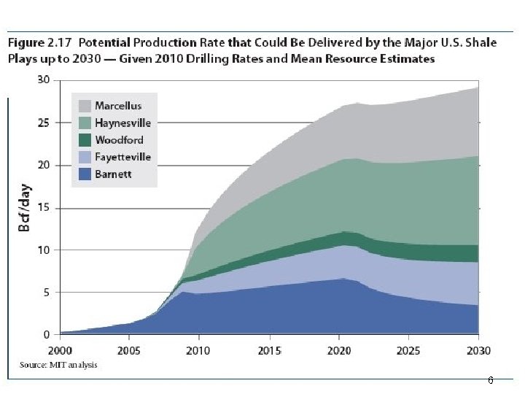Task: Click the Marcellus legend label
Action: (x=118, y=107)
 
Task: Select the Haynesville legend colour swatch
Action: (x=84, y=123)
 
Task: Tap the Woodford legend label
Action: (x=119, y=140)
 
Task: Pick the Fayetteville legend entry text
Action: (x=122, y=157)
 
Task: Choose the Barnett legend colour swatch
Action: (x=84, y=174)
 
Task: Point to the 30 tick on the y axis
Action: (x=43, y=80)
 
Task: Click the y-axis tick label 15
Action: (x=43, y=208)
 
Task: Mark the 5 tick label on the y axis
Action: (x=46, y=293)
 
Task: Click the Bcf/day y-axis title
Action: (x=24, y=209)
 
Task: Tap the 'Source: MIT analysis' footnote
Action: (x=58, y=365)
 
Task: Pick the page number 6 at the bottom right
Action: (x=490, y=381)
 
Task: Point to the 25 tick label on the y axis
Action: (x=43, y=123)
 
